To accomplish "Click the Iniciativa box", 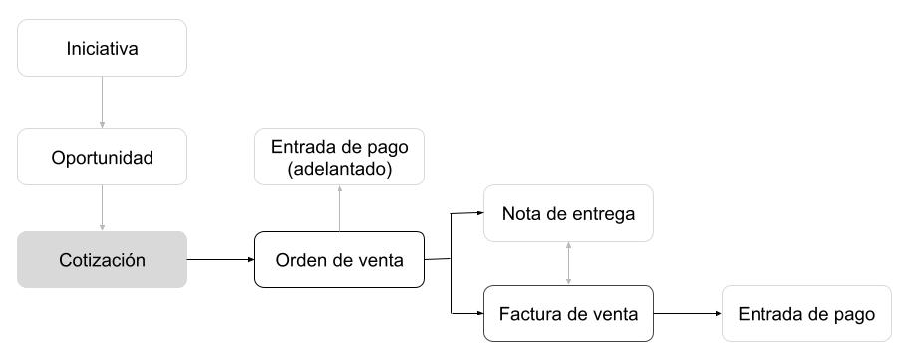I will pyautogui.click(x=102, y=48).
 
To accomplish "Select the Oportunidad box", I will pyautogui.click(x=102, y=158).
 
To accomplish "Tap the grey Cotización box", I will pyautogui.click(x=102, y=260).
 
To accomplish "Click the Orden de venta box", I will pyautogui.click(x=339, y=260).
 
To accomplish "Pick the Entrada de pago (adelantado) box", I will pyautogui.click(x=339, y=158).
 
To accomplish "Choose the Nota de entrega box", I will pyautogui.click(x=568, y=213).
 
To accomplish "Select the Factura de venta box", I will pyautogui.click(x=568, y=315).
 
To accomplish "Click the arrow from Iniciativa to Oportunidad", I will pyautogui.click(x=102, y=102).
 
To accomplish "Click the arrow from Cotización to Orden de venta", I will pyautogui.click(x=220, y=260).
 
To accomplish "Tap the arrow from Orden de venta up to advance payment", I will pyautogui.click(x=339, y=208).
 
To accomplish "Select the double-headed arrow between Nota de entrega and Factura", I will pyautogui.click(x=568, y=264).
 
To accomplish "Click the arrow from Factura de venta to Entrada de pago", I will pyautogui.click(x=687, y=315).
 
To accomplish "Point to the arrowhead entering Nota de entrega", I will pyautogui.click(x=478, y=212).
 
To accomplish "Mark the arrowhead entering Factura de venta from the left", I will pyautogui.click(x=478, y=315).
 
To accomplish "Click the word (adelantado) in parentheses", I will pyautogui.click(x=339, y=170).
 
